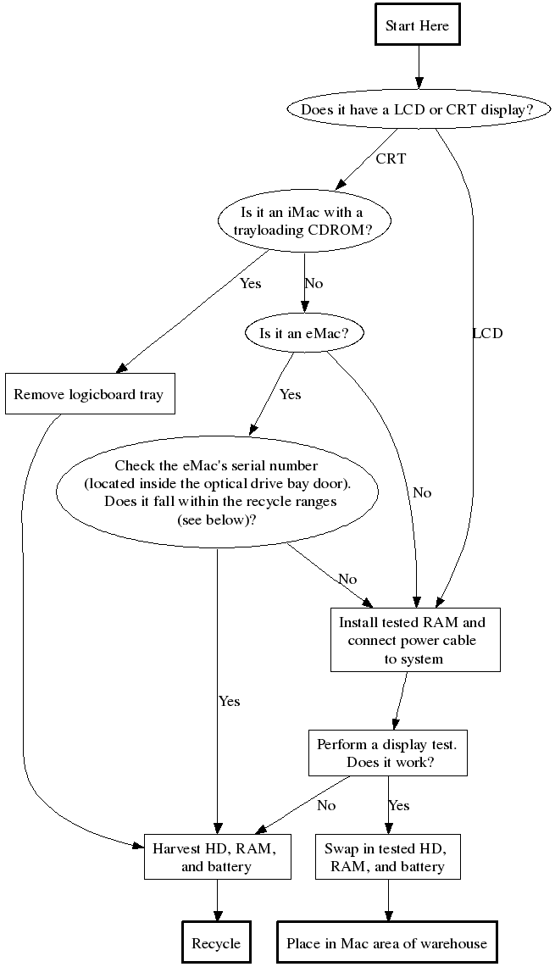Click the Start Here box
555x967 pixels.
pos(418,26)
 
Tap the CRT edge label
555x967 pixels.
pos(391,158)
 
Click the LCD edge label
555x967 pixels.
pos(487,333)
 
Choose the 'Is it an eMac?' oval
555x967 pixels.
pos(303,333)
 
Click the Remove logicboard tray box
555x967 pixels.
pos(89,394)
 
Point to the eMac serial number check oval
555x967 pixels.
pos(217,492)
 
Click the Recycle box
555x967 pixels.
pos(216,943)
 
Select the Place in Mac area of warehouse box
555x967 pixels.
pos(387,943)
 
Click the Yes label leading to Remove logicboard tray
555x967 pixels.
pos(250,283)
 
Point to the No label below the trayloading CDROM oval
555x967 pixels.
pos(314,283)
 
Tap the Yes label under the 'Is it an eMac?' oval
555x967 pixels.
pos(290,394)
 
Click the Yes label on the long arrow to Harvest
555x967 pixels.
pos(229,701)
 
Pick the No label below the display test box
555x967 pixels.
pos(326,805)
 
